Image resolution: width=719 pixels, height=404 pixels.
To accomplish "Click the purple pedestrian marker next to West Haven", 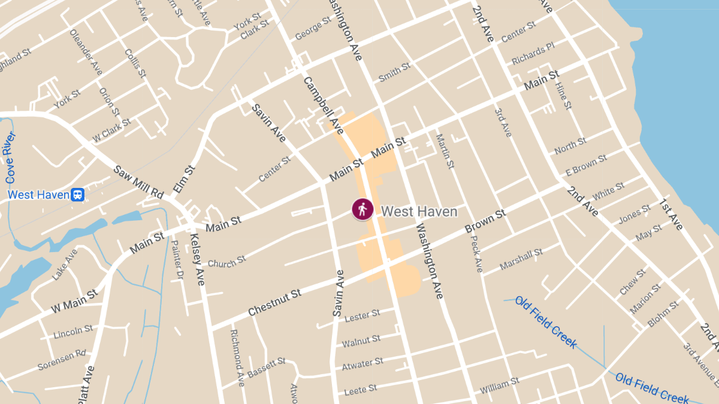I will (x=362, y=209).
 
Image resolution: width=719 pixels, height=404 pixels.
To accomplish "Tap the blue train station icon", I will (x=77, y=195).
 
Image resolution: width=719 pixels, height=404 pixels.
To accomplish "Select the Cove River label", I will (x=11, y=157).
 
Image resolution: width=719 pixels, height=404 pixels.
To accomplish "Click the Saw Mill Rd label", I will (x=138, y=183).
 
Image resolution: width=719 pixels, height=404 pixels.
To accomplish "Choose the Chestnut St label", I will (x=274, y=303).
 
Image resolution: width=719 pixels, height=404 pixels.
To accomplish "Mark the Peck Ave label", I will (x=476, y=253).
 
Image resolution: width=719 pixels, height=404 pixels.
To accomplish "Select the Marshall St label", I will (x=521, y=259).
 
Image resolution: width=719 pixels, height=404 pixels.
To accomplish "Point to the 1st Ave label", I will (x=671, y=214).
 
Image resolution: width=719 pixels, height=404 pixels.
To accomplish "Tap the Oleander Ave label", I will (x=86, y=52).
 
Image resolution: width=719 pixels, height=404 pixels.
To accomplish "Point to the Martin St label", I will (x=443, y=151).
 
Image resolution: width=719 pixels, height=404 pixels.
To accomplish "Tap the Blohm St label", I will (x=663, y=314).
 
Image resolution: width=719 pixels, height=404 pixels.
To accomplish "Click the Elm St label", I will (x=184, y=179).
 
